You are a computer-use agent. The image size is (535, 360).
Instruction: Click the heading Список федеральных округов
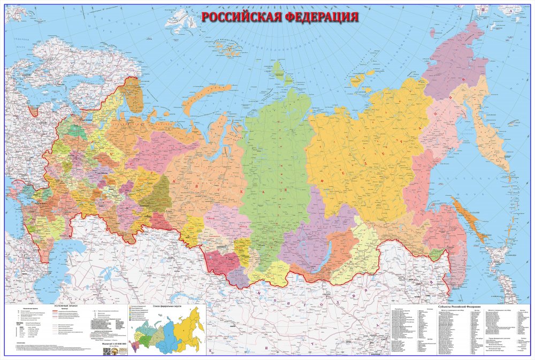[167, 305]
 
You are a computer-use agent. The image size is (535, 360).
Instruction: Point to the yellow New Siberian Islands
[357, 79]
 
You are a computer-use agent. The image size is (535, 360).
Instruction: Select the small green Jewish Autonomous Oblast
[438, 254]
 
